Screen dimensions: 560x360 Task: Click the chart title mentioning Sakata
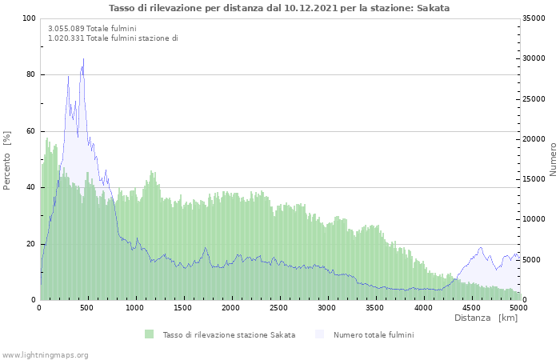click(x=279, y=8)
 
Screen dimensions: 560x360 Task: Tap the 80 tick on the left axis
click(x=30, y=74)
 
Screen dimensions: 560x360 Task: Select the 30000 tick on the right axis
click(x=534, y=58)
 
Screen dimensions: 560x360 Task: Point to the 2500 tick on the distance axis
click(x=278, y=308)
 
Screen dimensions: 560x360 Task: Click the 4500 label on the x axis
click(x=471, y=308)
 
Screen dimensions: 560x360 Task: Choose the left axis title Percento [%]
click(x=6, y=161)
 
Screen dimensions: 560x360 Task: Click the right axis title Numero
click(x=553, y=159)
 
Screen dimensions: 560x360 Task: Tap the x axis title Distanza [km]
click(x=486, y=318)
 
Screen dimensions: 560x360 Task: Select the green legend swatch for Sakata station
click(x=149, y=334)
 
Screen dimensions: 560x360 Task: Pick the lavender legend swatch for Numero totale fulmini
click(x=319, y=334)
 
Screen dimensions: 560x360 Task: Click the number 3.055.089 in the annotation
click(x=66, y=29)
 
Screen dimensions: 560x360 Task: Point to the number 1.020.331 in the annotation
click(x=66, y=38)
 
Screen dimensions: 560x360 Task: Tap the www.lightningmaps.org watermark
click(x=45, y=355)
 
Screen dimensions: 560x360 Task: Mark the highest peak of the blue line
click(x=83, y=59)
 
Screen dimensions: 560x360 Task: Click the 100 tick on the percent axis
click(x=29, y=18)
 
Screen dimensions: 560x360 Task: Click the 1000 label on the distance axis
click(x=134, y=308)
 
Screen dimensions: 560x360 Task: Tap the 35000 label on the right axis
click(x=534, y=18)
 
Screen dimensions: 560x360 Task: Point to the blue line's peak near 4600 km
click(x=481, y=247)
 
